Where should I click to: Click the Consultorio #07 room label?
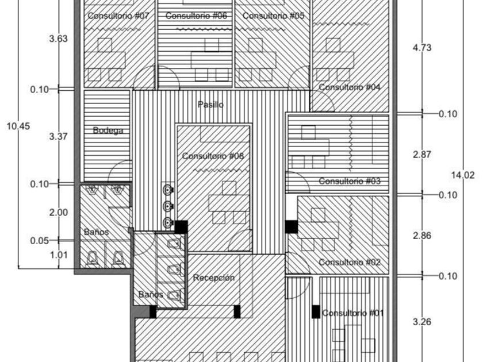point(118,16)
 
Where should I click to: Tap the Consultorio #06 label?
point(196,16)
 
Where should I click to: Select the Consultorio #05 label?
point(273,16)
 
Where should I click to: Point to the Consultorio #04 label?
point(350,87)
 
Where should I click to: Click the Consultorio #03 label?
point(350,182)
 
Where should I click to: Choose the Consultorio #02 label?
point(350,263)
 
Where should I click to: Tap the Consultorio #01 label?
point(353,313)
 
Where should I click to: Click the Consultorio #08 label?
point(213,156)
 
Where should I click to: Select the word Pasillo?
point(210,105)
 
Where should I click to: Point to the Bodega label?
point(108,130)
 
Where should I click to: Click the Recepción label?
point(214,278)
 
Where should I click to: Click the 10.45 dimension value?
point(18,126)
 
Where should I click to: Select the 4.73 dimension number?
point(422,48)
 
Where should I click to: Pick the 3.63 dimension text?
point(59,39)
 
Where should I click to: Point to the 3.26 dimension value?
point(422,322)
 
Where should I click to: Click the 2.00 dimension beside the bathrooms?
point(59,213)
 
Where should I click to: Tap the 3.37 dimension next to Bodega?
point(59,136)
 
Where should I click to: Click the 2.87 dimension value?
point(422,155)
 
